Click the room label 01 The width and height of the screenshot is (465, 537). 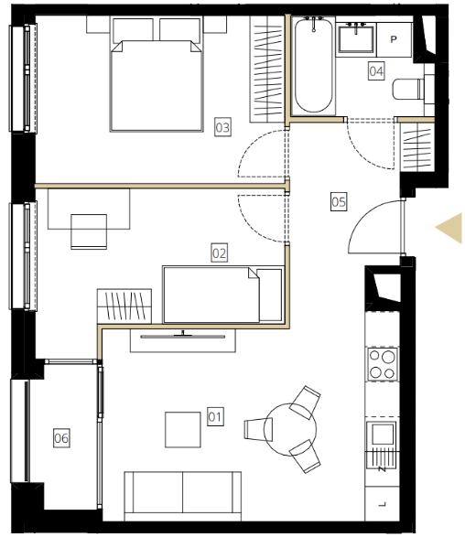tap(215, 416)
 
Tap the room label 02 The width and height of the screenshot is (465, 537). tap(220, 252)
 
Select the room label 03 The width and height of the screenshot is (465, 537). tap(222, 127)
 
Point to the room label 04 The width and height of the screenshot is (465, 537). tap(376, 70)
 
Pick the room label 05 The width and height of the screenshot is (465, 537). tap(339, 201)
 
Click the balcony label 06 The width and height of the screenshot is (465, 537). tap(61, 437)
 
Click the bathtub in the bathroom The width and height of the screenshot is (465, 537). tap(314, 65)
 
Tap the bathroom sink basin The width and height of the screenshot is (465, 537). tap(356, 38)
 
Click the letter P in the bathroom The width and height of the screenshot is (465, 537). tap(394, 39)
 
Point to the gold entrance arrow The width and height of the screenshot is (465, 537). tap(449, 228)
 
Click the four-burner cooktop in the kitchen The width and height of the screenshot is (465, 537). tap(383, 364)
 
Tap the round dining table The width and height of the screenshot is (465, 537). tap(290, 429)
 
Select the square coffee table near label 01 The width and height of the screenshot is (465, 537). tap(183, 429)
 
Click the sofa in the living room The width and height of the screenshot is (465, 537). tap(183, 496)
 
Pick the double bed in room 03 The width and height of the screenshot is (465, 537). tap(157, 74)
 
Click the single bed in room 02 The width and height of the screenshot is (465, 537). tap(223, 295)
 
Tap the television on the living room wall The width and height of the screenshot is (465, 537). tap(183, 336)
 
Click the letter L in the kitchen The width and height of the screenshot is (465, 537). tap(383, 504)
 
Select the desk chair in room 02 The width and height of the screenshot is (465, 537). tap(89, 231)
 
